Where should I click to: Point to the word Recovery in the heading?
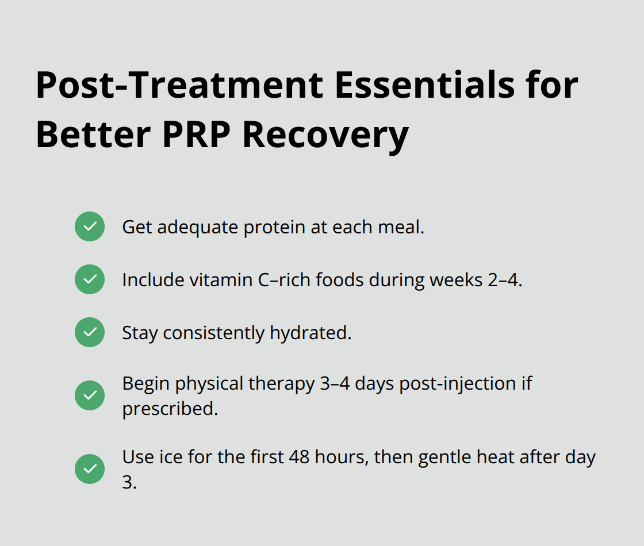tap(326, 135)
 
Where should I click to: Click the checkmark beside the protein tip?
tap(90, 226)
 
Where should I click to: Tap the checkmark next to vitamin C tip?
tap(90, 279)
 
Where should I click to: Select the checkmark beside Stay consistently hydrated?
tap(90, 332)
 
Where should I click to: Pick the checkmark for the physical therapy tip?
tap(90, 395)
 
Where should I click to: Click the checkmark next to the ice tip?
tap(90, 469)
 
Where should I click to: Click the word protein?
tap(274, 227)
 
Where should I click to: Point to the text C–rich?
tap(269, 280)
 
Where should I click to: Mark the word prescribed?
tap(170, 409)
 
